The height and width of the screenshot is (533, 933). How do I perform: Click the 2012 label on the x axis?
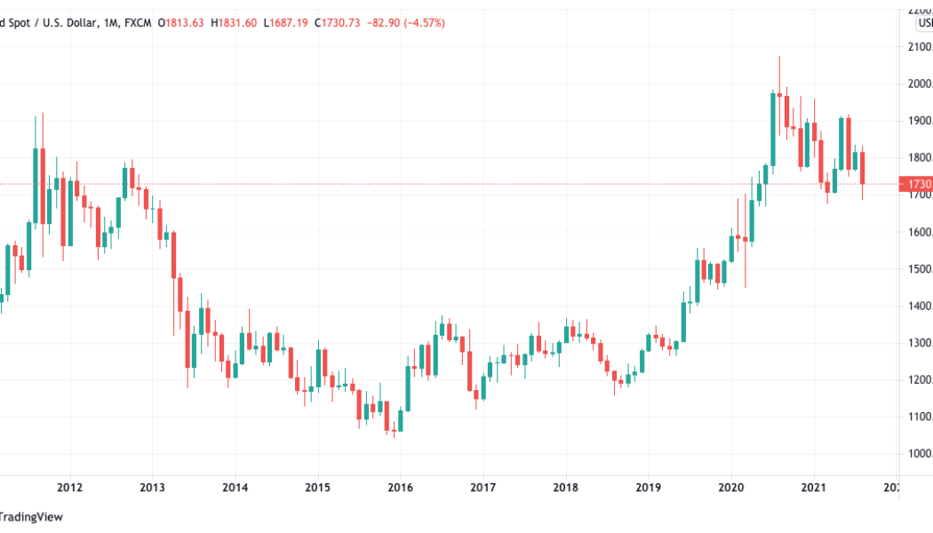coord(69,487)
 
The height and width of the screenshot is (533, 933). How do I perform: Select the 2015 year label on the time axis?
coord(317,487)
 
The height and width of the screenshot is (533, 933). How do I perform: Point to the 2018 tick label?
coord(565,487)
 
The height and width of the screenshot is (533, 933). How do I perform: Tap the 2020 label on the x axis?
coord(730,487)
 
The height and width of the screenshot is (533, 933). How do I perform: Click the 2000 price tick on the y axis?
coord(920,84)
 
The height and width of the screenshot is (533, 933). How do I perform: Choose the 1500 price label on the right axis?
coord(920,269)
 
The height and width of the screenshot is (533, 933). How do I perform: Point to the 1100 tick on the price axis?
coord(920,418)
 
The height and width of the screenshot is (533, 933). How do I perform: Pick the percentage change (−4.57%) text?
coord(426,21)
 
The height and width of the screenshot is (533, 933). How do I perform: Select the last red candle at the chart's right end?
coord(862,168)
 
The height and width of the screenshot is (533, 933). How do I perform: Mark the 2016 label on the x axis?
coord(400,487)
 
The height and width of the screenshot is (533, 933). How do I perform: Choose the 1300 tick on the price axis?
coord(920,343)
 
